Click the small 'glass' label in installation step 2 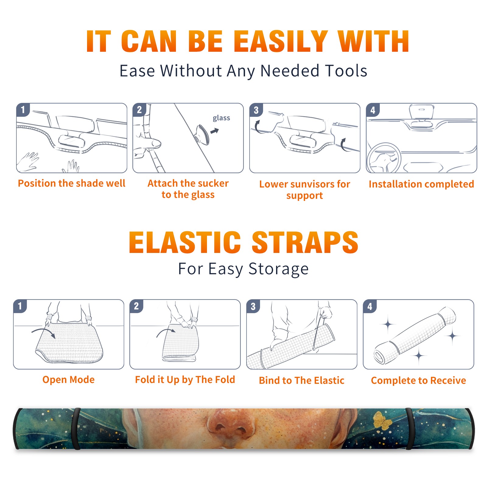(221, 118)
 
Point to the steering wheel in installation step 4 (384, 158)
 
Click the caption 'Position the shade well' (72, 183)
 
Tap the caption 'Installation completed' (421, 184)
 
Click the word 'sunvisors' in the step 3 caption (312, 184)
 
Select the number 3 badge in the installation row (256, 110)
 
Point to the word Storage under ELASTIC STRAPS (279, 269)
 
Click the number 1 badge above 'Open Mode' (20, 306)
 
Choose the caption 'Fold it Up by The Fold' (185, 380)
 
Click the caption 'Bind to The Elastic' (302, 380)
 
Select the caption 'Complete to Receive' (419, 380)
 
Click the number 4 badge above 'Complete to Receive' (370, 306)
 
